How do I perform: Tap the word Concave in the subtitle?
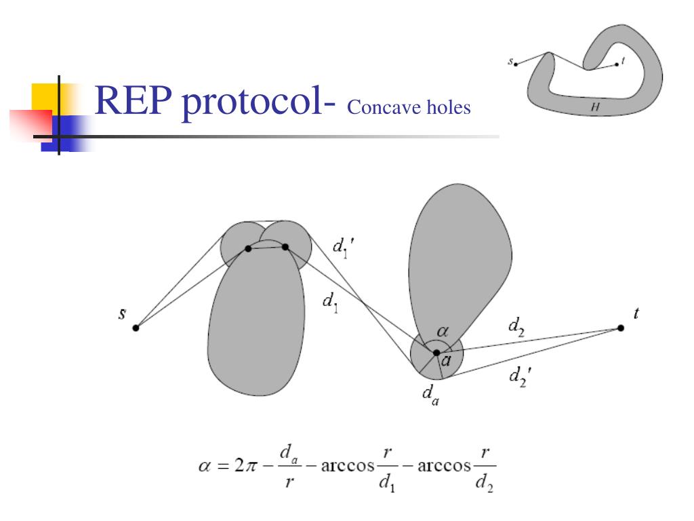(x=381, y=107)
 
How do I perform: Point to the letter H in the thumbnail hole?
(x=595, y=107)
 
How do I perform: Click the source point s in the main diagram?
(x=136, y=328)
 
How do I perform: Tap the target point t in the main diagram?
(x=621, y=328)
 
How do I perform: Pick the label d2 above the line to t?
(x=516, y=326)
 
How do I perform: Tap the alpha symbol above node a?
(x=443, y=331)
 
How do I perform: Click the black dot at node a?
(x=436, y=353)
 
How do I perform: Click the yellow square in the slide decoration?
(x=44, y=96)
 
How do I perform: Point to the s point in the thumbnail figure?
(x=516, y=64)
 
